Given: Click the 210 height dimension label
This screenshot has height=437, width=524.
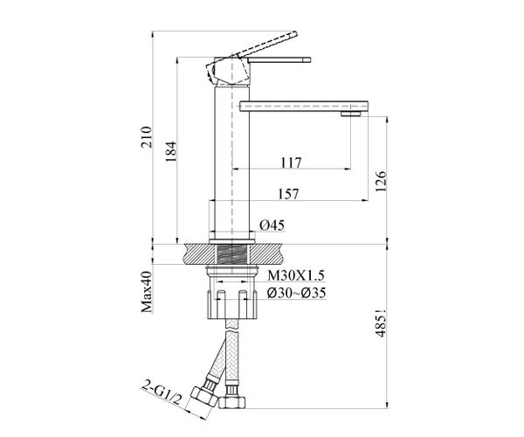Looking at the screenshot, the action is [147, 137].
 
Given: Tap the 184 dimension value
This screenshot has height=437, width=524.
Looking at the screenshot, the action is [171, 152].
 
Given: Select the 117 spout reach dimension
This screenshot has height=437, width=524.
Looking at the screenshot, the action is [291, 163].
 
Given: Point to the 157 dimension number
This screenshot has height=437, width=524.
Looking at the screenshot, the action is [288, 194].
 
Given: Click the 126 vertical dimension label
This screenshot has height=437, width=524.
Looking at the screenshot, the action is [381, 182].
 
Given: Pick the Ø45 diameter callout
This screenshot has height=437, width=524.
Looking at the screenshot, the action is [272, 225].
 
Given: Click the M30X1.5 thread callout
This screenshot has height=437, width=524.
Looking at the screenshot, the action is [296, 275].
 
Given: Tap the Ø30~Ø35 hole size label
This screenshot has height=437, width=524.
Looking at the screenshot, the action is [296, 294].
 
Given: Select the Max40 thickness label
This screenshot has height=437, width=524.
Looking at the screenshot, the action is [147, 292].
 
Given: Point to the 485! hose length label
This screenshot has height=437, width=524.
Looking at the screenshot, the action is [381, 323].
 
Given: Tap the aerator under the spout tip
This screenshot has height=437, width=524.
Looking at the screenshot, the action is [351, 114].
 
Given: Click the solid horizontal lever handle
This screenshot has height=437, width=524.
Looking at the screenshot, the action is [279, 59].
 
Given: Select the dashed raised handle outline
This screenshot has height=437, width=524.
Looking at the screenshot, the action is [264, 44].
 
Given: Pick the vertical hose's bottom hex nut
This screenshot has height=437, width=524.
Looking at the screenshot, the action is [232, 401].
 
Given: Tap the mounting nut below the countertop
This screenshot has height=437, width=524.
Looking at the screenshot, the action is [232, 292].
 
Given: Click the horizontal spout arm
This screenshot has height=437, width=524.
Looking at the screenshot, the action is [304, 106].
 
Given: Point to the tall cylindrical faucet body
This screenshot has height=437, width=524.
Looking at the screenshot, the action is [232, 163].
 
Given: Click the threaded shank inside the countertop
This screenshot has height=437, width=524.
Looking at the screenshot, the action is [232, 255].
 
